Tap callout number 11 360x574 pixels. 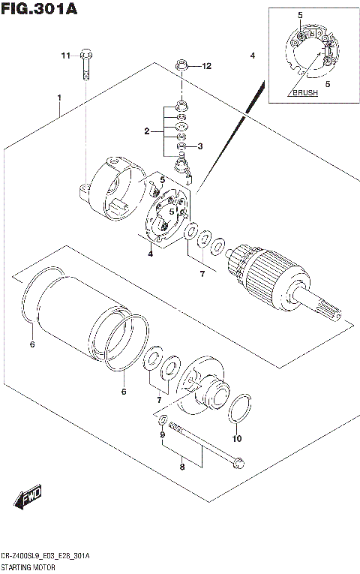pyautogui.click(x=65, y=55)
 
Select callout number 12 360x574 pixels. pyautogui.click(x=206, y=66)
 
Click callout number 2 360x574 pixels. pyautogui.click(x=148, y=131)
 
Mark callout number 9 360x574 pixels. pyautogui.click(x=161, y=435)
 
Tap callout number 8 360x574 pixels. pyautogui.click(x=181, y=467)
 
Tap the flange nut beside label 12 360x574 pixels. pyautogui.click(x=181, y=67)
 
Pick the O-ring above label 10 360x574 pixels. pyautogui.click(x=238, y=410)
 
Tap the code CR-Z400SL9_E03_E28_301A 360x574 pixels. pyautogui.click(x=46, y=557)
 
